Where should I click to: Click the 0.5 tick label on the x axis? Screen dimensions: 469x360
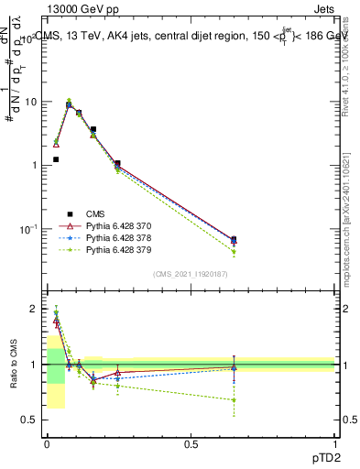pyautogui.click(x=191, y=443)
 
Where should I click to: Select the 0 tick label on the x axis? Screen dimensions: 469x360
pyautogui.click(x=46, y=443)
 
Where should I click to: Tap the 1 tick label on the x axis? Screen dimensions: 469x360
pyautogui.click(x=335, y=443)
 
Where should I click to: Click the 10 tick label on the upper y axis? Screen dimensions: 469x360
pyautogui.click(x=31, y=103)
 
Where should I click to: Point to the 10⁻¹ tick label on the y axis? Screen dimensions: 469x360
pyautogui.click(x=28, y=228)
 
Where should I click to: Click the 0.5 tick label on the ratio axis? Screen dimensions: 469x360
pyautogui.click(x=31, y=420)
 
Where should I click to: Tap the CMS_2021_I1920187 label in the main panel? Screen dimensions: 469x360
pyautogui.click(x=191, y=274)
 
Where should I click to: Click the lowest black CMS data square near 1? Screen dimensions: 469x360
pyautogui.click(x=56, y=159)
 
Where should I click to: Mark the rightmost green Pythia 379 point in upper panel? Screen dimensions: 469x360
pyautogui.click(x=234, y=252)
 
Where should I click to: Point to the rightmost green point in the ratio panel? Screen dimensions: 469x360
pyautogui.click(x=234, y=399)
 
